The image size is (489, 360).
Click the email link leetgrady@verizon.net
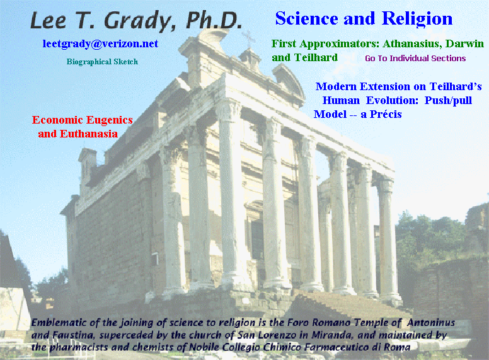(100, 44)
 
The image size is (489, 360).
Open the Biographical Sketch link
(102, 62)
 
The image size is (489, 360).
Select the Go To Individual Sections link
(415, 59)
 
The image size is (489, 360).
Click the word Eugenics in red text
(110, 120)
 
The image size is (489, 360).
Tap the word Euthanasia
(89, 134)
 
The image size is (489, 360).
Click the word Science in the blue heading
(306, 18)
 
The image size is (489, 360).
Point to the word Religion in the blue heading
(417, 19)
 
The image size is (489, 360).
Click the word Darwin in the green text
(464, 44)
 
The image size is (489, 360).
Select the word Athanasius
(412, 44)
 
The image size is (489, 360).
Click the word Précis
(386, 115)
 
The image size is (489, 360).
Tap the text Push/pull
(448, 100)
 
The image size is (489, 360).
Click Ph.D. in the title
(214, 21)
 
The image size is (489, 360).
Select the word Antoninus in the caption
(430, 323)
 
